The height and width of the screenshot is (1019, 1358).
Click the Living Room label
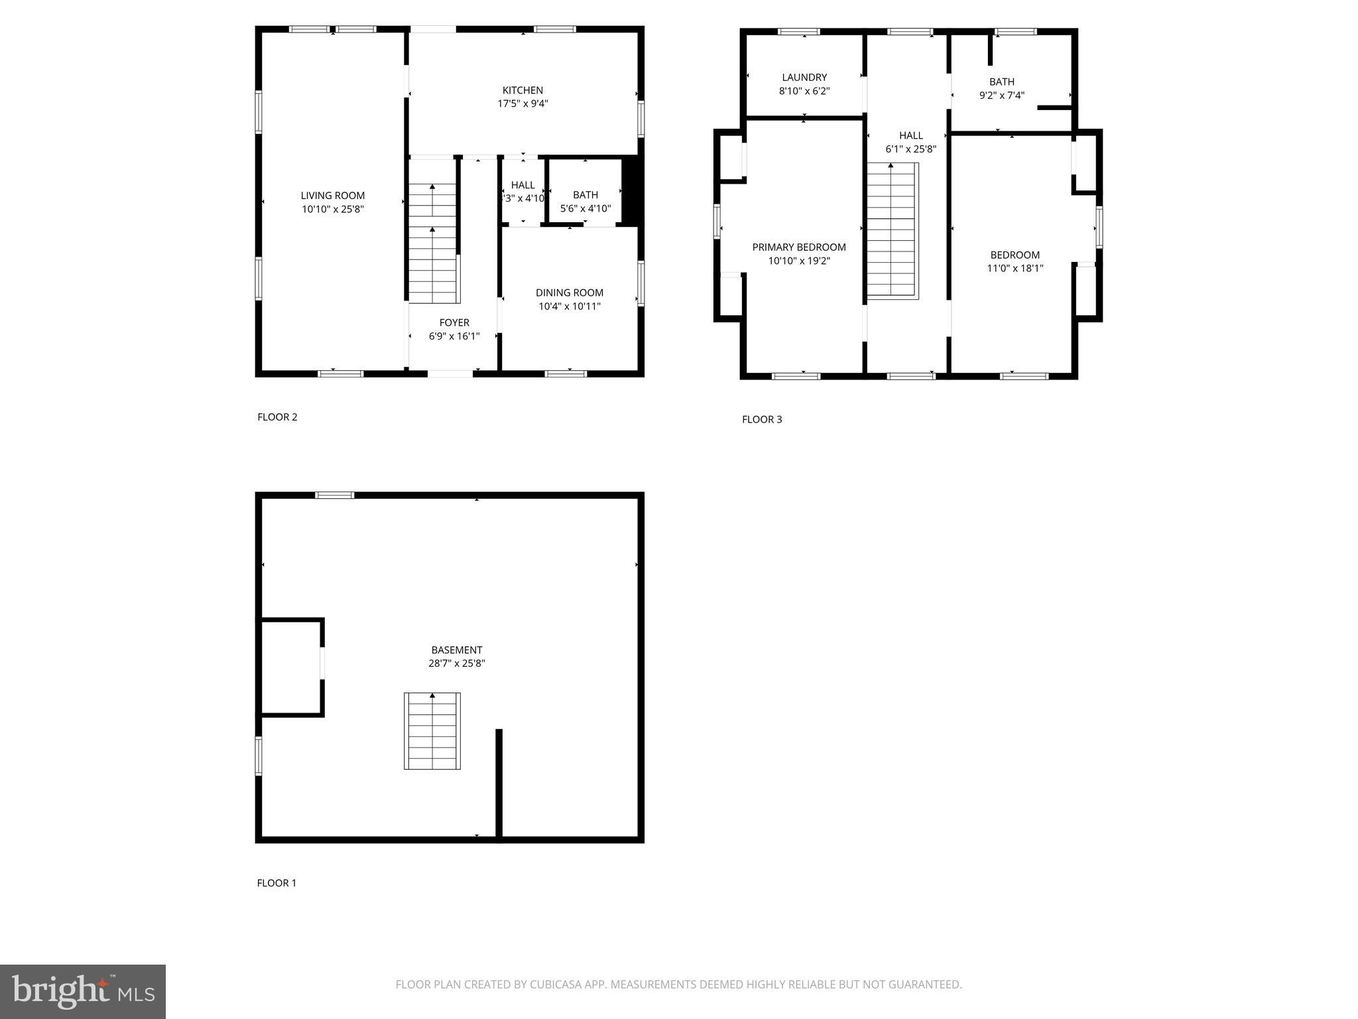[x=332, y=195]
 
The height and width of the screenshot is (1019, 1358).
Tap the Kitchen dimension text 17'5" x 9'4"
[x=523, y=103]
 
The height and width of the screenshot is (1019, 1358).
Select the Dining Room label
[x=569, y=293]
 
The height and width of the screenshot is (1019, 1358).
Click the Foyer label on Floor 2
[x=454, y=322]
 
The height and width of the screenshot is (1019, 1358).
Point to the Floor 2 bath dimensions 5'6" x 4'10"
[x=585, y=208]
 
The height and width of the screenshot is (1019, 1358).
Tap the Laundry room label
[x=804, y=77]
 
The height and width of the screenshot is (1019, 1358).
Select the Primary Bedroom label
[x=798, y=247]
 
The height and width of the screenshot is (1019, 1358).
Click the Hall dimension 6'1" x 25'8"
[x=910, y=149]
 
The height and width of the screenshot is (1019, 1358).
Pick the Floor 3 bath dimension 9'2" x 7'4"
[x=1001, y=95]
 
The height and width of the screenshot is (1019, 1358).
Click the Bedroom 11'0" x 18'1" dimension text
[x=1015, y=268]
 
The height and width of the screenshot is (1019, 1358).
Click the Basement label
[x=456, y=650]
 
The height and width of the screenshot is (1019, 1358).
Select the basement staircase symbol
[x=432, y=731]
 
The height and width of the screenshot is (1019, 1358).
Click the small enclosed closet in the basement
[x=290, y=667]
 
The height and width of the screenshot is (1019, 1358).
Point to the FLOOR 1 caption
[x=277, y=883]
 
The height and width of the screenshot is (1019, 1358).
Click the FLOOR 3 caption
[x=761, y=419]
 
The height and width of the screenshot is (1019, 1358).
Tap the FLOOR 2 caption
[x=277, y=417]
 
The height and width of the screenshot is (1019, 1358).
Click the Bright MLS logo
[x=83, y=991]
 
